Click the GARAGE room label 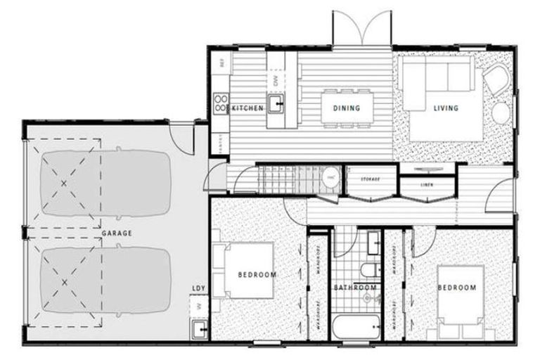point(117,232)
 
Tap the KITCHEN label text point(247,108)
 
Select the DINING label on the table point(346,108)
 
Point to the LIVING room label point(446,108)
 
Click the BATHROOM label point(355,288)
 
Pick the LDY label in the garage point(198,288)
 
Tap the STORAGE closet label point(370,179)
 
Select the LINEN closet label point(426,185)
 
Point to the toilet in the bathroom point(368,270)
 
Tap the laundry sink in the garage point(199,328)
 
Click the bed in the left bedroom point(246,271)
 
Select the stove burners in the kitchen point(221,104)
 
